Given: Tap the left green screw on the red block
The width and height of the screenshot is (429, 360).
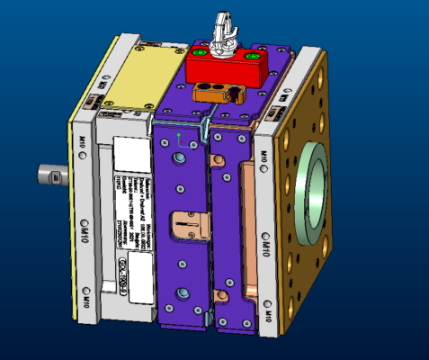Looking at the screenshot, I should point(200,54).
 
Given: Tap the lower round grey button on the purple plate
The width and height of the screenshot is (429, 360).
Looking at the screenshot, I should point(183,293).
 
